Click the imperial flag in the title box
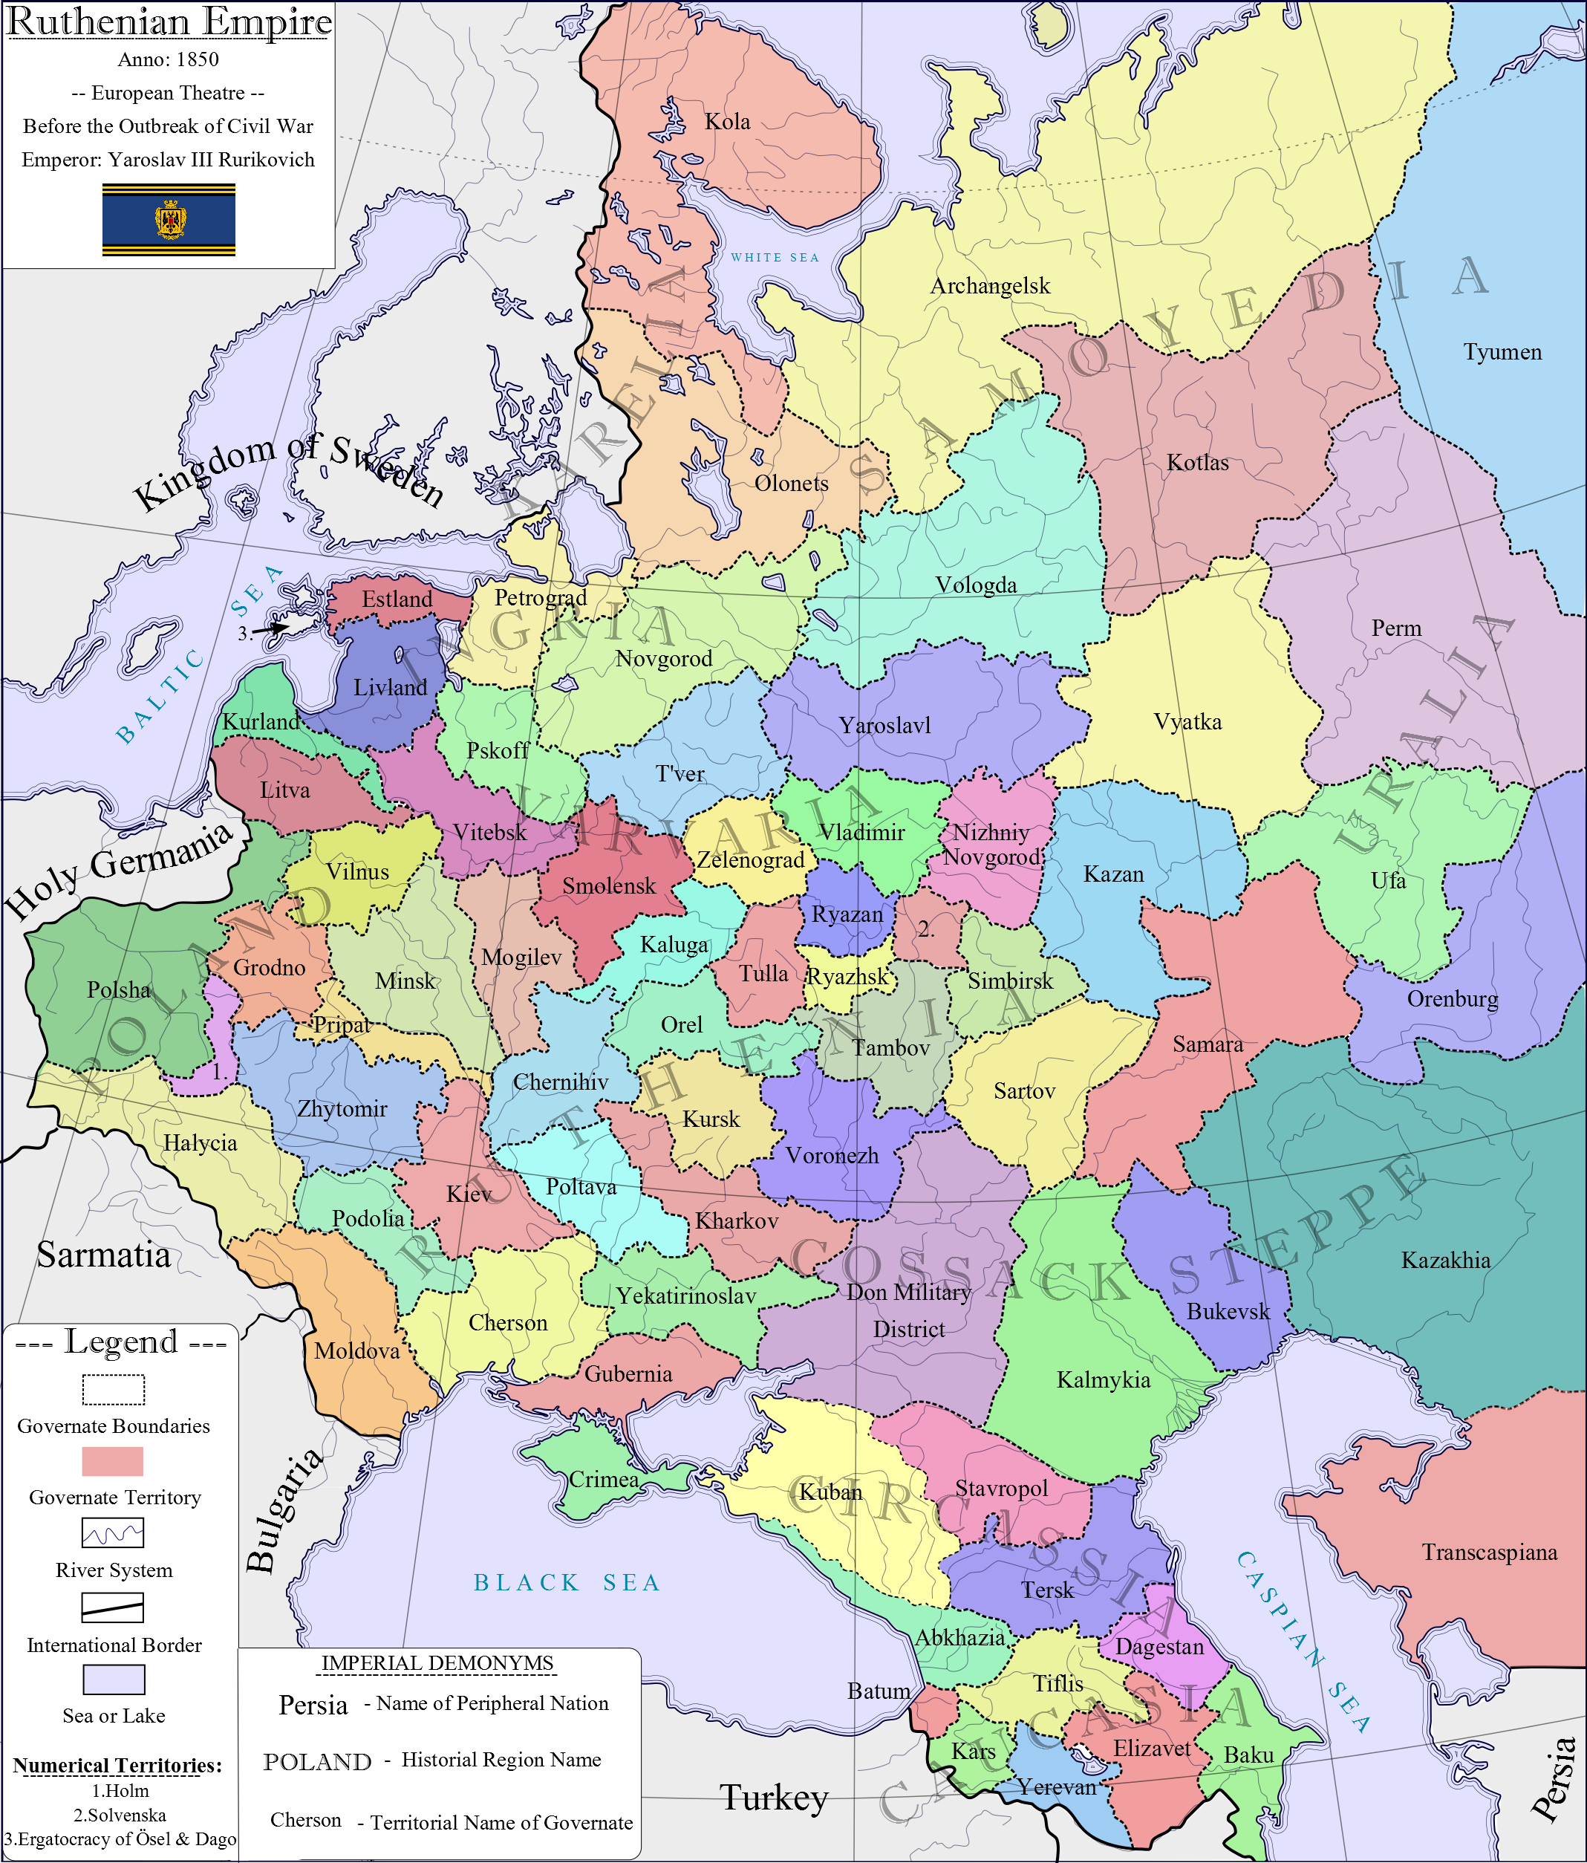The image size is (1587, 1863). click(x=169, y=221)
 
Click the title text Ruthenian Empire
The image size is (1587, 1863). click(x=169, y=22)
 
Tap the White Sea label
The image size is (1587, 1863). click(x=775, y=258)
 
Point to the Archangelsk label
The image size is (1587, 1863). click(x=990, y=286)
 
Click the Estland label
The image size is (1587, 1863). click(x=397, y=599)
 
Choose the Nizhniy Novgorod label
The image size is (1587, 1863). click(x=991, y=845)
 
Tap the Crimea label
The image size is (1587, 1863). click(x=605, y=1480)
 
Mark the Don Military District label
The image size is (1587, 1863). click(x=909, y=1311)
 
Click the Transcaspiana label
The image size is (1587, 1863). click(x=1489, y=1552)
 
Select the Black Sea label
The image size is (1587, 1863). click(x=567, y=1582)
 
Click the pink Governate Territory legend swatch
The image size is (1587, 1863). click(x=112, y=1461)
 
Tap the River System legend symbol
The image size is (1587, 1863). click(x=112, y=1533)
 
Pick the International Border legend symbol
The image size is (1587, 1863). click(x=112, y=1607)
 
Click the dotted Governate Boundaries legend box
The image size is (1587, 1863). click(x=114, y=1389)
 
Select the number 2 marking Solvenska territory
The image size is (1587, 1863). click(x=926, y=931)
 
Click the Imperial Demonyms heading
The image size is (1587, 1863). click(x=438, y=1663)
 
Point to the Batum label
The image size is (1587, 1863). click(x=879, y=1691)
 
